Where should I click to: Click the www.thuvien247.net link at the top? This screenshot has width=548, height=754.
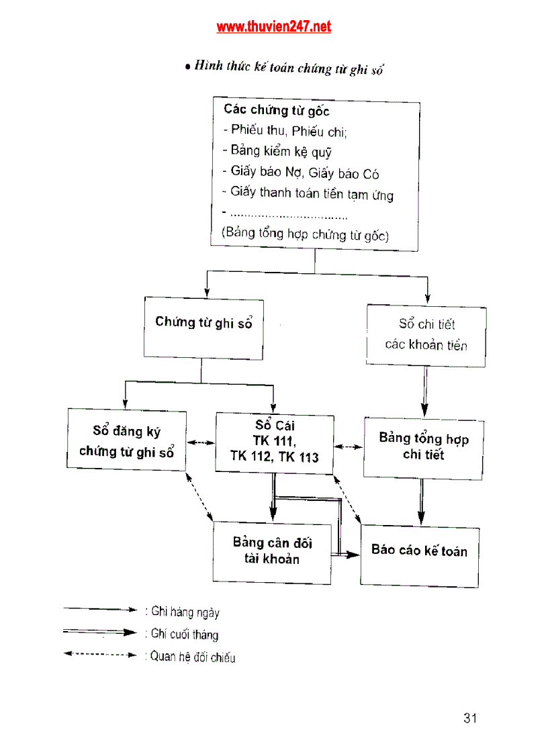(x=273, y=27)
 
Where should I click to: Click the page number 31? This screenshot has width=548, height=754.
(x=469, y=718)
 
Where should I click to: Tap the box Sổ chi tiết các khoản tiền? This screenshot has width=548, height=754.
(x=426, y=335)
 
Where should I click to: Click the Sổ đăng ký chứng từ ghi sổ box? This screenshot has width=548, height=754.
(x=126, y=440)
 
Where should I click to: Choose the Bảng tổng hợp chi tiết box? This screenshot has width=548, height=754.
(x=423, y=447)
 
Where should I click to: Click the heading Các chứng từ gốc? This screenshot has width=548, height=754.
(x=276, y=110)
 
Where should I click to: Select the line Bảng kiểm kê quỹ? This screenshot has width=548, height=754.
(x=277, y=151)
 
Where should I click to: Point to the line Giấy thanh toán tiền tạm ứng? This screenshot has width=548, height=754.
(x=308, y=193)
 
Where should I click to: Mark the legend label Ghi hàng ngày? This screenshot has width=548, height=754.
(x=185, y=612)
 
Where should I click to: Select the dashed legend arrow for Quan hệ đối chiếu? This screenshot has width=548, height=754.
(x=100, y=653)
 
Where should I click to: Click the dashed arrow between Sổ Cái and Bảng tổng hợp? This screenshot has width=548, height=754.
(x=349, y=446)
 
